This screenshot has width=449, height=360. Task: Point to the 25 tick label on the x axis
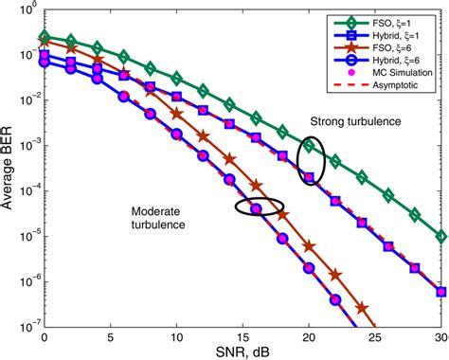point(375,337)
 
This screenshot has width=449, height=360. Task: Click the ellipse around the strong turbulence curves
point(310,161)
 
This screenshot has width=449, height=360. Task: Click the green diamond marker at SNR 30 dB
point(440,236)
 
